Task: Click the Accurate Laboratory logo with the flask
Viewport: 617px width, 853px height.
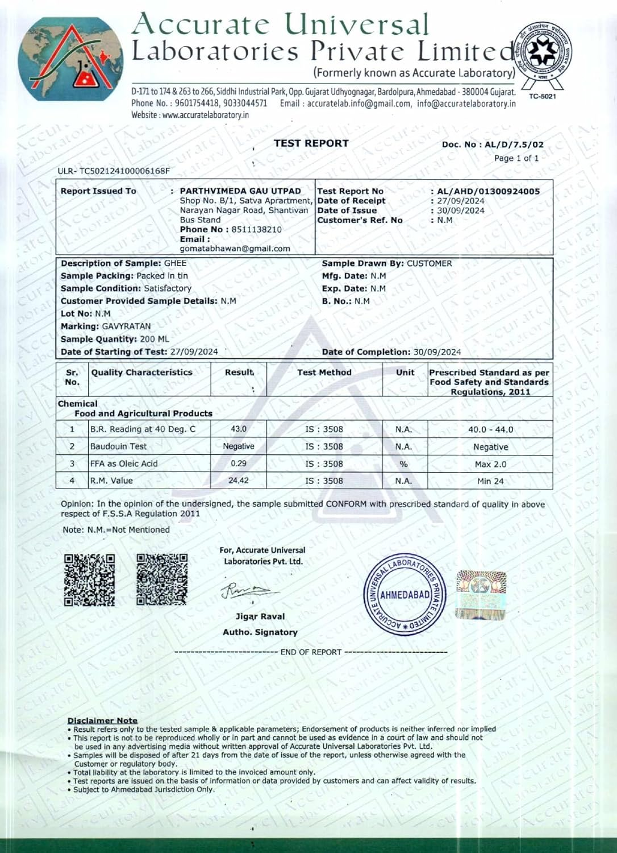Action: (71, 59)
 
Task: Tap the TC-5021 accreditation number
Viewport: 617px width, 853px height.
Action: (542, 96)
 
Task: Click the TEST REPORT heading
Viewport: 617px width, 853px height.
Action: (311, 143)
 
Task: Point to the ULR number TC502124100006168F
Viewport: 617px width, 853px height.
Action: (114, 171)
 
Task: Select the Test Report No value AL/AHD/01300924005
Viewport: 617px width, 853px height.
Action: (488, 191)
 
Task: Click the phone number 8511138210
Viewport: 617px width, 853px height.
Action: (256, 229)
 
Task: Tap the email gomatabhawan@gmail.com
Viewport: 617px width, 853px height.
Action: (235, 249)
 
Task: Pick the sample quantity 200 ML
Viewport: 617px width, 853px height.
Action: (155, 339)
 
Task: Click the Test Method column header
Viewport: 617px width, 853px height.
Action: (324, 372)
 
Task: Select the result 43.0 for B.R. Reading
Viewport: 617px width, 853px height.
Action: (239, 429)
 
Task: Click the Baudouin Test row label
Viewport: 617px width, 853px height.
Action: (118, 446)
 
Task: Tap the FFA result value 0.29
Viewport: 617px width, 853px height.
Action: (239, 463)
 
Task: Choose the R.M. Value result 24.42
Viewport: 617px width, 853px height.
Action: (239, 481)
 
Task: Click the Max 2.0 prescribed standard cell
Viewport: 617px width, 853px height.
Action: (490, 464)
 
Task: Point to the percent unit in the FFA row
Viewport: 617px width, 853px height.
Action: (403, 464)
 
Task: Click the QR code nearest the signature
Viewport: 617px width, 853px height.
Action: (162, 579)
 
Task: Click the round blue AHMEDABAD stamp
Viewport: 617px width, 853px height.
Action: (405, 594)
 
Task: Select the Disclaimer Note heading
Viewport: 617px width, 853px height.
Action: (102, 721)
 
